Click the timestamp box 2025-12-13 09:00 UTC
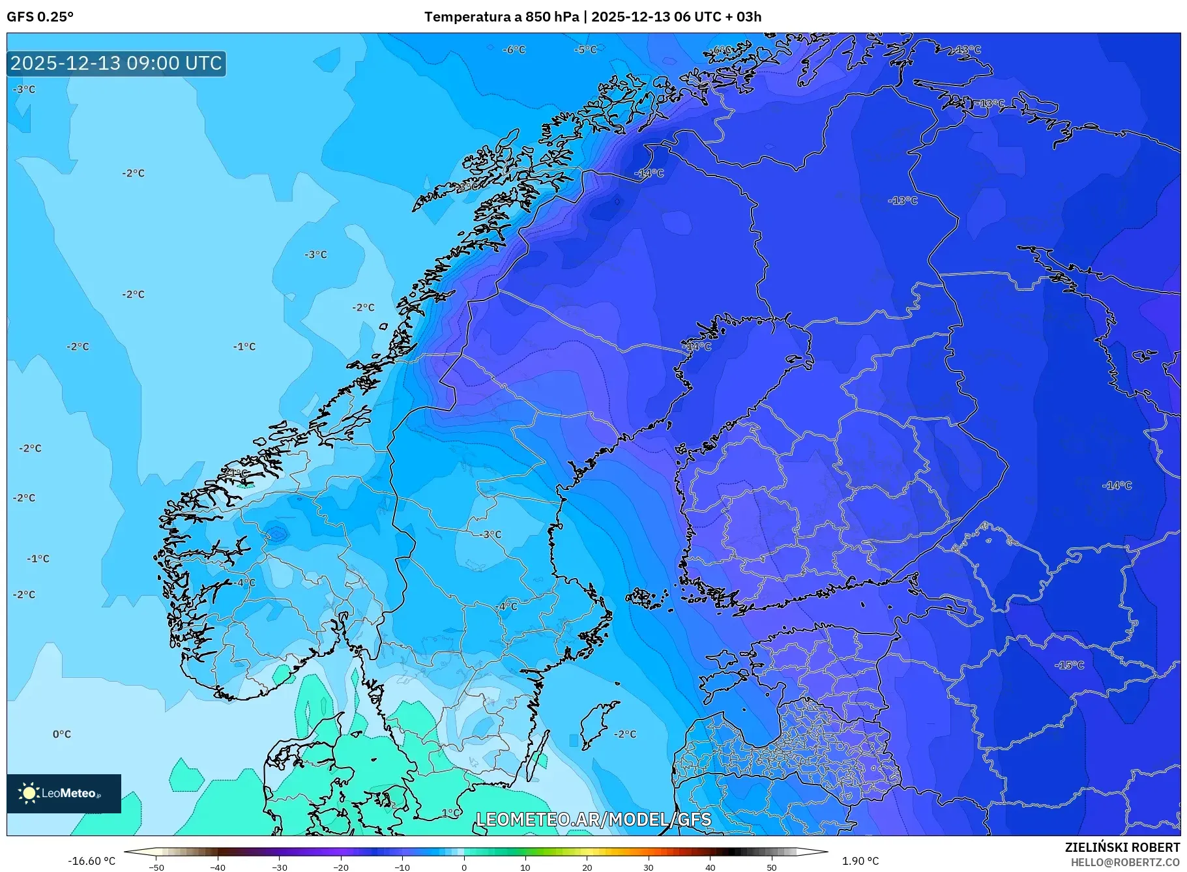coord(117,63)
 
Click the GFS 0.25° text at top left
coord(40,17)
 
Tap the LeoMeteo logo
coord(64,793)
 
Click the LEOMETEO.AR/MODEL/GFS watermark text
coord(593,819)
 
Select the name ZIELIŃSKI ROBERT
coord(1122,847)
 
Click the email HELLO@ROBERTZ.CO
coord(1124,862)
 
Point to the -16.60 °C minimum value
coord(92,861)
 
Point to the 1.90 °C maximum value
coord(860,861)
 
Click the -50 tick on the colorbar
coord(156,867)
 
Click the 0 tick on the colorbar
coord(464,867)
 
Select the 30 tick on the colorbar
coord(649,867)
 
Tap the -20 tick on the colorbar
coord(341,867)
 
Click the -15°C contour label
coord(1070,665)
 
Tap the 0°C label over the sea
coord(62,734)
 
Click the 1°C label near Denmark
coord(450,813)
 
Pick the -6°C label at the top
coord(514,50)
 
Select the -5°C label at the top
coord(585,50)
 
